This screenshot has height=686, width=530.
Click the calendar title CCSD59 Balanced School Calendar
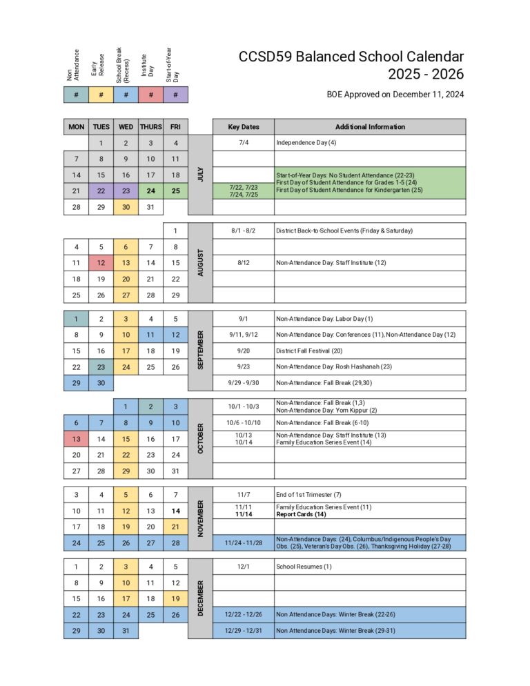pos(351,57)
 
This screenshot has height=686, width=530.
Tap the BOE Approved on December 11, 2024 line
pos(395,95)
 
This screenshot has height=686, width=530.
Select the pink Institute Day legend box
pos(151,95)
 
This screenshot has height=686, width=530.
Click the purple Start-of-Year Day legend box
pos(176,95)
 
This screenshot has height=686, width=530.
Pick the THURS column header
pos(151,127)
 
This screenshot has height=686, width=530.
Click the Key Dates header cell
pos(244,127)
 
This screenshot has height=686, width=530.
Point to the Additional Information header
pos(370,127)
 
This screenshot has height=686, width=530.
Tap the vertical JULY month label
pos(201,175)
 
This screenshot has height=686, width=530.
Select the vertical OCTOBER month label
pos(201,438)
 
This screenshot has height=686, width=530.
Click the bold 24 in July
pos(151,191)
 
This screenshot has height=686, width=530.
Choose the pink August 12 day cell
pos(101,263)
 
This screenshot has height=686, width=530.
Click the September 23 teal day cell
pos(101,367)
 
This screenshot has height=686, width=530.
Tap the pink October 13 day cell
pos(77,438)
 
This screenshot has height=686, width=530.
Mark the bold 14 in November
pos(176,511)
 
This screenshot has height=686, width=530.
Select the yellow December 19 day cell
pos(176,599)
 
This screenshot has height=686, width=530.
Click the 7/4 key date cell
pos(244,143)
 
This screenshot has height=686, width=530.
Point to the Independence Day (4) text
pos(306,143)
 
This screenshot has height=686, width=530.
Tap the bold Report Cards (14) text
pos(301,514)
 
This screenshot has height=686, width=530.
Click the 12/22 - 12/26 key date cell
pos(244,614)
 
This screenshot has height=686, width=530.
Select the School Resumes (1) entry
pos(304,567)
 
